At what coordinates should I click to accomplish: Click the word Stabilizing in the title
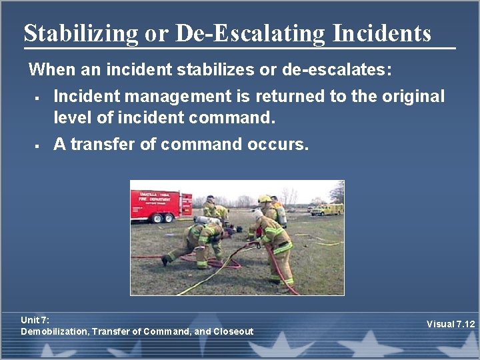coord(81,33)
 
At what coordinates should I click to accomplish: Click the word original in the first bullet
coord(413,97)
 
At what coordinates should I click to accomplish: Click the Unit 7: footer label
coord(35,320)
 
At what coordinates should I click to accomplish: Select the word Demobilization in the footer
coord(54,331)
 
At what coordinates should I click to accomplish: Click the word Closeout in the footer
coord(233,331)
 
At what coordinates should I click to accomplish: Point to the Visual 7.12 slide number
coord(451,324)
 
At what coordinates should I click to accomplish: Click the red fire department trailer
coord(161,203)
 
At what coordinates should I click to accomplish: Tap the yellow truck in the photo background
coord(326,209)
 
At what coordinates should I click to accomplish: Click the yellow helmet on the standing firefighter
coord(265,199)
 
